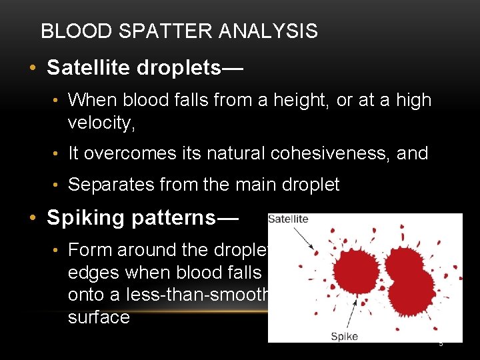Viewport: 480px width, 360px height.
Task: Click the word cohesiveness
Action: [x=337, y=153]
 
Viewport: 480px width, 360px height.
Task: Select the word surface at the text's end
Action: [x=99, y=317]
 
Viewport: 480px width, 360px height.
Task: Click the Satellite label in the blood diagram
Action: [x=288, y=219]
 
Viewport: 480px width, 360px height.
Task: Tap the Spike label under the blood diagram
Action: [x=345, y=336]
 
